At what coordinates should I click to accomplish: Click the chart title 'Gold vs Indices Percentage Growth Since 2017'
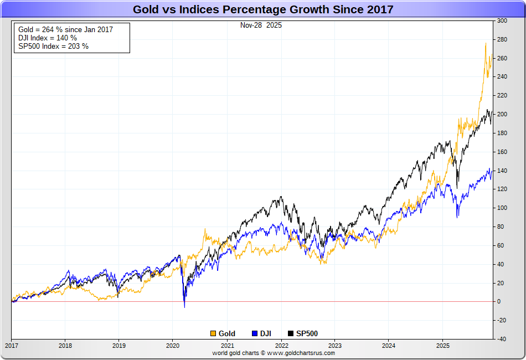(x=262, y=9)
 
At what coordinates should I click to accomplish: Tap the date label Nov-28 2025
(x=260, y=25)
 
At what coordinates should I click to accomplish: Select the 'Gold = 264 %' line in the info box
(x=65, y=29)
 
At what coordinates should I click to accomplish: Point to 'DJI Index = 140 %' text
(x=47, y=38)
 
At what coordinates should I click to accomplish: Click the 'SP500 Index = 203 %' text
(x=53, y=46)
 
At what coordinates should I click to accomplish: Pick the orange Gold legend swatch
(x=213, y=333)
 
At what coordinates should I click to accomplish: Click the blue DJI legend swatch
(x=255, y=333)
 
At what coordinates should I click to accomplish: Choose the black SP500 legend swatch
(x=291, y=333)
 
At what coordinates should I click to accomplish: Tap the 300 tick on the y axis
(x=502, y=20)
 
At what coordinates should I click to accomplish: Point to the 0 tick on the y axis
(x=499, y=302)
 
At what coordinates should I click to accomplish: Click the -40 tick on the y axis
(x=501, y=339)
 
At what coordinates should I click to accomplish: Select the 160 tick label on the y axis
(x=502, y=152)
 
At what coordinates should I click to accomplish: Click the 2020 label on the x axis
(x=172, y=345)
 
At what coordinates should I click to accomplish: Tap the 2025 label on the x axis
(x=441, y=345)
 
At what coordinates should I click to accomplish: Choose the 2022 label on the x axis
(x=280, y=345)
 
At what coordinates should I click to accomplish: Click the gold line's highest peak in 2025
(x=486, y=44)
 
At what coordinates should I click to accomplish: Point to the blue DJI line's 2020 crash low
(x=184, y=306)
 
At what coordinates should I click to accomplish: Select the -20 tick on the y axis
(x=501, y=320)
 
